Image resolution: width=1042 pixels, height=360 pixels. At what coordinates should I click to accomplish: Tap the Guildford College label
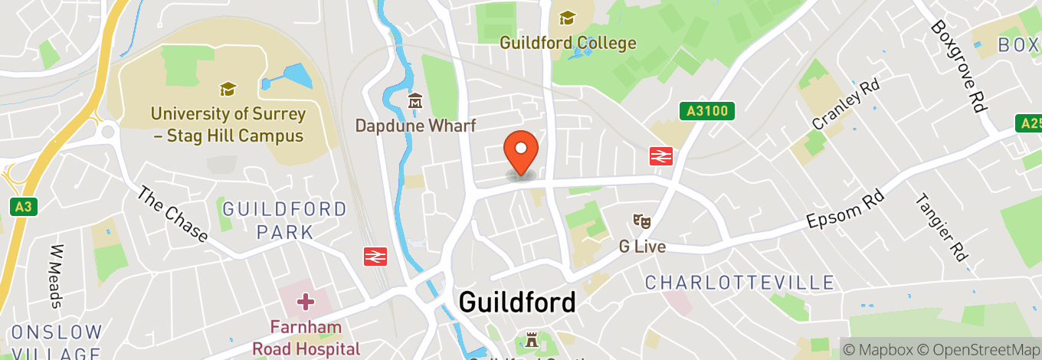pos(568,43)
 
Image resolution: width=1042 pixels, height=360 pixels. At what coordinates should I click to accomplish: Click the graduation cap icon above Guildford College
pos(567,17)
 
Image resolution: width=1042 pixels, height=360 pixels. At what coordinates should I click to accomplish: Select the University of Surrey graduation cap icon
pos(228,90)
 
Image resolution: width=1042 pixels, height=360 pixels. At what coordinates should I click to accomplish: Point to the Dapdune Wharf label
pos(415,126)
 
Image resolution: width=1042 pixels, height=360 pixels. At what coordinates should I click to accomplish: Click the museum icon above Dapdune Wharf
pos(415,101)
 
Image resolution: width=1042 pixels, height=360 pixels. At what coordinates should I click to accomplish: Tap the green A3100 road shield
pos(706,111)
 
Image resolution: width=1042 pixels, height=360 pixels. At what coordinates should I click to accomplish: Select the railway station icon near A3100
pos(660,156)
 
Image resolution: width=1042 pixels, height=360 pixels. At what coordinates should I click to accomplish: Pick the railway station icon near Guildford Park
pos(374,255)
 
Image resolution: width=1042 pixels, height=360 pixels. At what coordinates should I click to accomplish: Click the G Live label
pos(642,247)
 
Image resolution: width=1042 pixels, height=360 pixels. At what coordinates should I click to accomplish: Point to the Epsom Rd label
pos(845,208)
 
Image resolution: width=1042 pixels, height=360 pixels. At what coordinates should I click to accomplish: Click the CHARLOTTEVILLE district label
pos(739,283)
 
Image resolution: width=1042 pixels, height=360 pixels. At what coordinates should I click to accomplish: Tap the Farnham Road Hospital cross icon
pos(305,301)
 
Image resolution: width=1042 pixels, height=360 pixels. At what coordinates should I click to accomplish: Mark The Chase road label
pos(172,213)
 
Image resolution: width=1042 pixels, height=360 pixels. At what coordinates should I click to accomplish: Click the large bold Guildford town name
pos(516,302)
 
